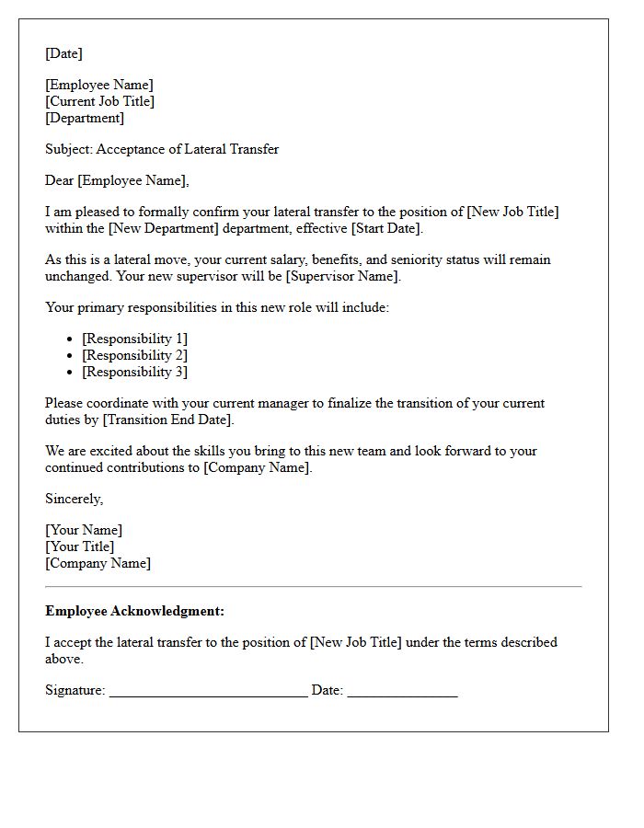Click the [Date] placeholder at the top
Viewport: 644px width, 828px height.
coord(63,53)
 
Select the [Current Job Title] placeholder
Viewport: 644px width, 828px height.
coord(99,101)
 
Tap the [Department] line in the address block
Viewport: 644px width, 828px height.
coord(85,118)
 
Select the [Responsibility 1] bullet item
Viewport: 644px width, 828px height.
coord(134,339)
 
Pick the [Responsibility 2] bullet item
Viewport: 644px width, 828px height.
coord(134,355)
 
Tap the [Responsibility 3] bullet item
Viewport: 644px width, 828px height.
coord(134,372)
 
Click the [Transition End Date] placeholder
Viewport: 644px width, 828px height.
coord(167,420)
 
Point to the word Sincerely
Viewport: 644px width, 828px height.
coord(74,499)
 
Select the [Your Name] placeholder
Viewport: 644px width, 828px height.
coord(84,530)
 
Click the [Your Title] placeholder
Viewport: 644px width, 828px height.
coord(80,546)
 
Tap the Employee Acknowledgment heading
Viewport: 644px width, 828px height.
coord(134,611)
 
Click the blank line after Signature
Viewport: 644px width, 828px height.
coord(208,692)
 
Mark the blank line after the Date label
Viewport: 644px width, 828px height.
coord(402,692)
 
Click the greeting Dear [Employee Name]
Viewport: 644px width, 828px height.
coord(117,180)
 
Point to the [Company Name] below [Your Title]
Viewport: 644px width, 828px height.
coord(98,563)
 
